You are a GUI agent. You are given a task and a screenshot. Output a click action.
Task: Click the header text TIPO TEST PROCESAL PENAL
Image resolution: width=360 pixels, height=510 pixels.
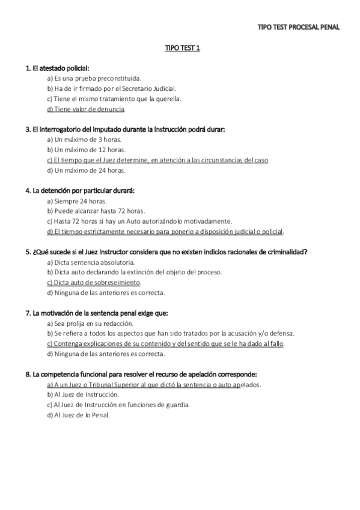point(298,27)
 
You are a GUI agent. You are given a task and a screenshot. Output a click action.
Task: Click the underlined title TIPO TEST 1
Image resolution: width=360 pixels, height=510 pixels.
point(183,48)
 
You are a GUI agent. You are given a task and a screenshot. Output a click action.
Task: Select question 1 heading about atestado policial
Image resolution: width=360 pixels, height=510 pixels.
point(58,69)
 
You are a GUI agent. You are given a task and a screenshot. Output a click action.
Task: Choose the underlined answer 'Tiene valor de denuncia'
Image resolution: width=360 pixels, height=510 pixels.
point(86,109)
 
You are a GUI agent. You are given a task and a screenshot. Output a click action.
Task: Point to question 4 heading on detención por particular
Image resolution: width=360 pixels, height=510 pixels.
point(80,190)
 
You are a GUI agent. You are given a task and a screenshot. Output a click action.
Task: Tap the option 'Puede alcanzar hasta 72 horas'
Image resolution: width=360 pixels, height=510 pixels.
point(96,211)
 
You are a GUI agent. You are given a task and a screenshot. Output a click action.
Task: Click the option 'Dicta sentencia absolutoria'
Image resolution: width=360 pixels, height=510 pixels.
point(91,262)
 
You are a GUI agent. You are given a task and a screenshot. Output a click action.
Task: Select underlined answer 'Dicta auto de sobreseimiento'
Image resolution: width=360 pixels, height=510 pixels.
point(94,282)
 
